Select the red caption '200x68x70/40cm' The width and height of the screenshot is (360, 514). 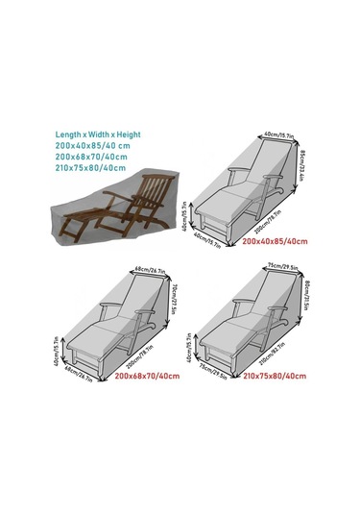[x=147, y=374]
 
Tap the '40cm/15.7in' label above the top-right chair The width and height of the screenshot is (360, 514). [x=276, y=137]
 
